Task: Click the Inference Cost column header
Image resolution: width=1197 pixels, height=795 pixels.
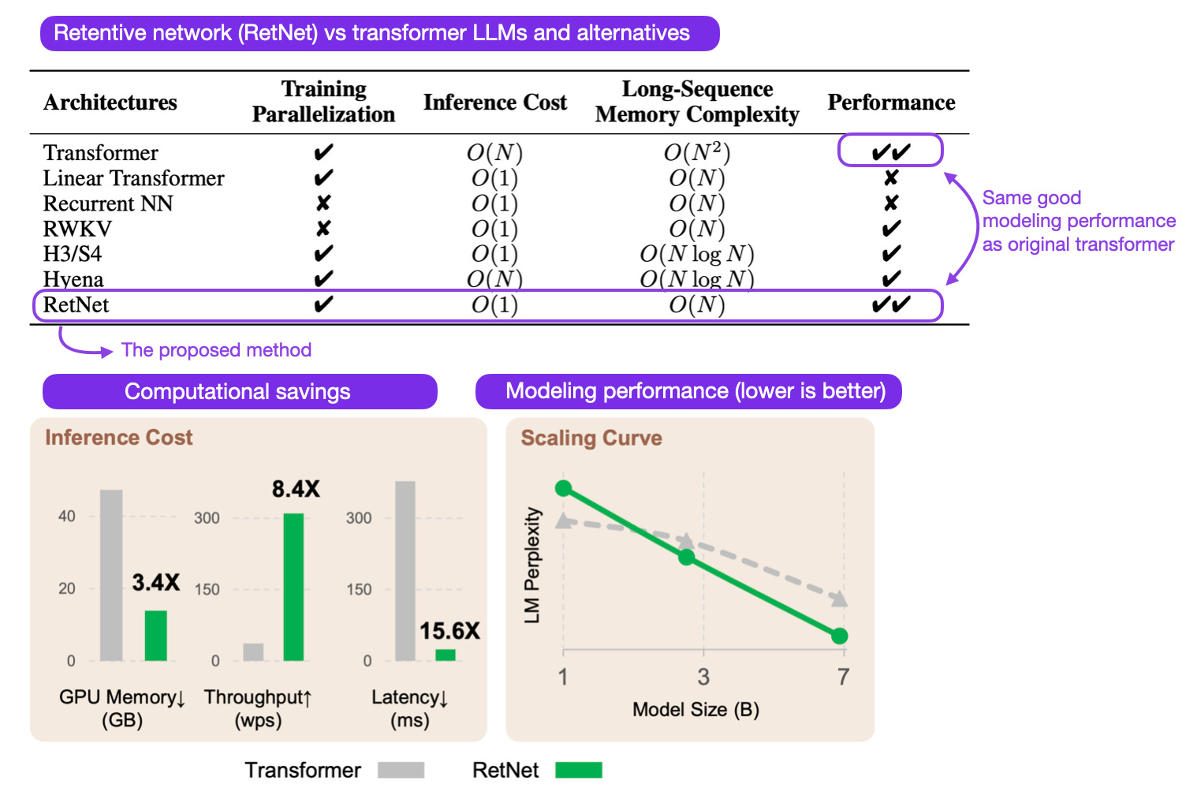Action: pos(494,103)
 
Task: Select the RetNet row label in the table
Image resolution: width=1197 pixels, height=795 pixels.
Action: pos(76,305)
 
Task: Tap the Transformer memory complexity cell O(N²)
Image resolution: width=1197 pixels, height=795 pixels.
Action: pos(696,152)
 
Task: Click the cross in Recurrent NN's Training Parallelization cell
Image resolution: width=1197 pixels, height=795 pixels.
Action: pos(323,203)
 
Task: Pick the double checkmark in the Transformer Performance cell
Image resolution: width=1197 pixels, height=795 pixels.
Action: pos(891,152)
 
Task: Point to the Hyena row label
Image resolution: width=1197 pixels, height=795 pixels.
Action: pos(73,279)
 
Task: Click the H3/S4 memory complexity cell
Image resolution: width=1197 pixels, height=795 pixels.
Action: pos(696,254)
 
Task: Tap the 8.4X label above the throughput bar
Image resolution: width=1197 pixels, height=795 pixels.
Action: pos(296,489)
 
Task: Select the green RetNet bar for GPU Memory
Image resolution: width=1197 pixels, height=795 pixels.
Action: pos(155,635)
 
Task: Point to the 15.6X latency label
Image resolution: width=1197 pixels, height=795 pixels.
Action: pos(449,631)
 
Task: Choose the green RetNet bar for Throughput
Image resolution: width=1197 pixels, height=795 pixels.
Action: pos(293,587)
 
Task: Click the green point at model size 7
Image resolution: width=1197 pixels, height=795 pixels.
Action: pos(840,636)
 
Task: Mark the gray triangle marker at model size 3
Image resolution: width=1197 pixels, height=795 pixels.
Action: pos(686,541)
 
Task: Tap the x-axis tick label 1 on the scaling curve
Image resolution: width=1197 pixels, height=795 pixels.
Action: pos(563,677)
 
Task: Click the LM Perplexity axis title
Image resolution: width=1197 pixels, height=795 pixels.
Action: pos(533,565)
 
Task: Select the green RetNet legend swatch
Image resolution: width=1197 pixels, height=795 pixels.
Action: pos(578,770)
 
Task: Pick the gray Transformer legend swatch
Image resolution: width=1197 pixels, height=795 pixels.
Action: pos(401,770)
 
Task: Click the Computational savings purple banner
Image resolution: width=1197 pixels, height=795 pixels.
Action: pos(239,392)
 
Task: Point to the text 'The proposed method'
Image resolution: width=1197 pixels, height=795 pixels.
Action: pos(216,350)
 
